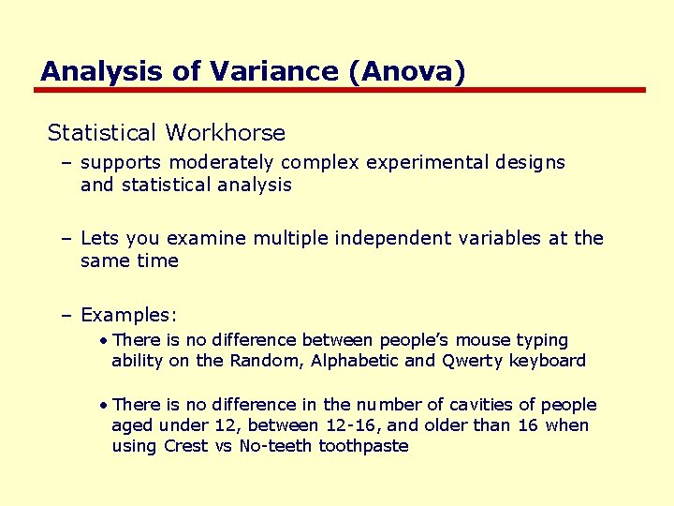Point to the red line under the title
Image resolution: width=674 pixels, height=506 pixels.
(x=341, y=90)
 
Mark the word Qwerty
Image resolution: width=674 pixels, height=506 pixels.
(x=472, y=361)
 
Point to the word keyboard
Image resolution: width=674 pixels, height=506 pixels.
(x=548, y=361)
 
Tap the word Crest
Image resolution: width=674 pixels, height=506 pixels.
(x=185, y=446)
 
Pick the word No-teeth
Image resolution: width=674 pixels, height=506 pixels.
(x=275, y=446)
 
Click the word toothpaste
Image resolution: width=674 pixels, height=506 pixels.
(x=363, y=446)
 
